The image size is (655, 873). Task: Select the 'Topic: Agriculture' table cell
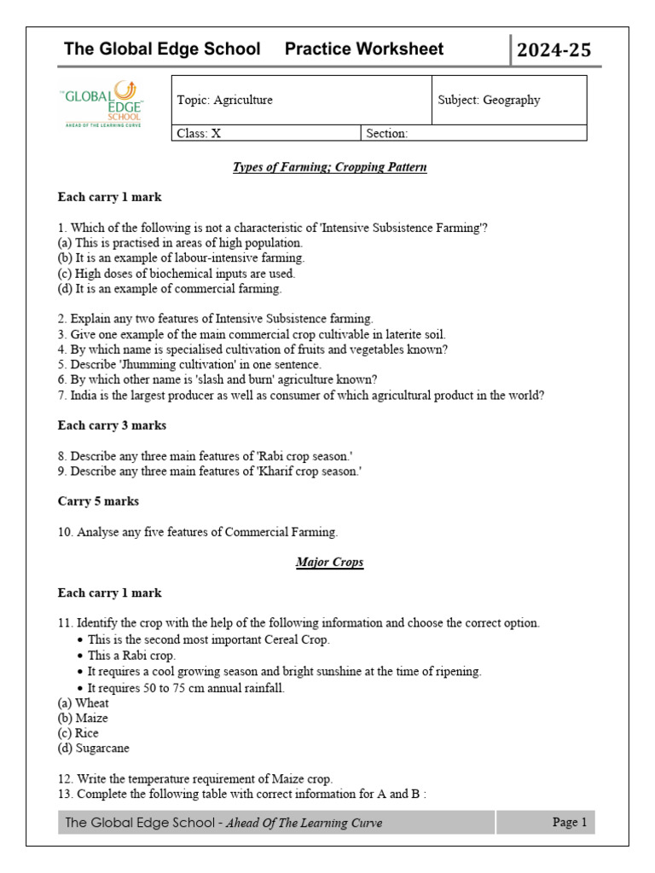click(x=225, y=100)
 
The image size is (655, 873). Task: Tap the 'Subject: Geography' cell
click(x=489, y=100)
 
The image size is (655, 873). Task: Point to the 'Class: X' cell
click(x=199, y=133)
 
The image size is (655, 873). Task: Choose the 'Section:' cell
click(x=388, y=133)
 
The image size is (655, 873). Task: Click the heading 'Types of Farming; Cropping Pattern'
click(x=329, y=167)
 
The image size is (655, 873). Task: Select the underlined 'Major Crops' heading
click(x=329, y=563)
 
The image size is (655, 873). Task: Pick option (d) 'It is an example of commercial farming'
click(x=170, y=288)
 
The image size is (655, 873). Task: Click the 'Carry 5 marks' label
click(x=98, y=501)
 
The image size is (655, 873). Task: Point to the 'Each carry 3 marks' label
click(x=112, y=425)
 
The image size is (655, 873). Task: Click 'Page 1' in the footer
click(x=570, y=823)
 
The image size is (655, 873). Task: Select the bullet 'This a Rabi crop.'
click(x=131, y=656)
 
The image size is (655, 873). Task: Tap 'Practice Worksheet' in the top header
click(x=364, y=49)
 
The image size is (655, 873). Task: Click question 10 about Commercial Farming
click(x=198, y=532)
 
